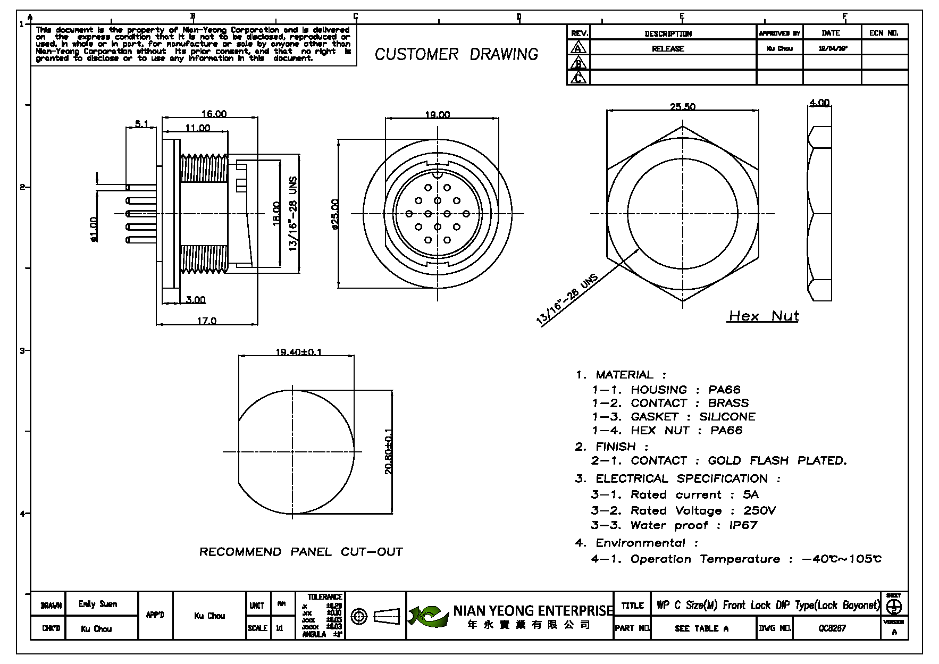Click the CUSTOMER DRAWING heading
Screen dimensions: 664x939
pyautogui.click(x=456, y=54)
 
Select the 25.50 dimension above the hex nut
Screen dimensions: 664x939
pyautogui.click(x=682, y=107)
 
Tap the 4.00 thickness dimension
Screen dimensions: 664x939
pyautogui.click(x=819, y=103)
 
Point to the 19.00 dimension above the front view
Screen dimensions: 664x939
pyautogui.click(x=437, y=115)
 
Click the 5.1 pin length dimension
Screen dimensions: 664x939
pyautogui.click(x=141, y=124)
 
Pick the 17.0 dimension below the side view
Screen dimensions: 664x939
pyautogui.click(x=207, y=321)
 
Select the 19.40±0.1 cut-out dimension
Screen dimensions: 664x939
pyautogui.click(x=298, y=352)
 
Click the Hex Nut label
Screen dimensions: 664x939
pyautogui.click(x=764, y=316)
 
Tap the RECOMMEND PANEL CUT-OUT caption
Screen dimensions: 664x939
pyautogui.click(x=301, y=552)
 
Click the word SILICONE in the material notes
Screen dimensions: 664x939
pyautogui.click(x=727, y=417)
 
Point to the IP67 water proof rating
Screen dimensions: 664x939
pyautogui.click(x=743, y=525)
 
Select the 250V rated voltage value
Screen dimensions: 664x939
pyautogui.click(x=759, y=510)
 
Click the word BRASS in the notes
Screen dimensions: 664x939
pyautogui.click(x=728, y=403)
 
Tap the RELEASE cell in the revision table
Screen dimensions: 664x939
pyautogui.click(x=668, y=49)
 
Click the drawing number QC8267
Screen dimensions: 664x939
pyautogui.click(x=832, y=628)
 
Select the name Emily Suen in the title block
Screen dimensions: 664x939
pyautogui.click(x=97, y=604)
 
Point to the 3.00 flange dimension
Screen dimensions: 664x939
pyautogui.click(x=196, y=300)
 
